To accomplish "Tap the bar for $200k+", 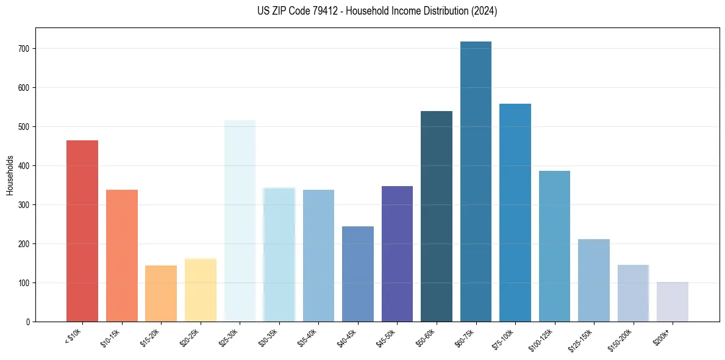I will point(672,301).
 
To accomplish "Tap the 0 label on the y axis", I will point(28,322).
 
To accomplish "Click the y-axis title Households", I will point(10,175).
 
